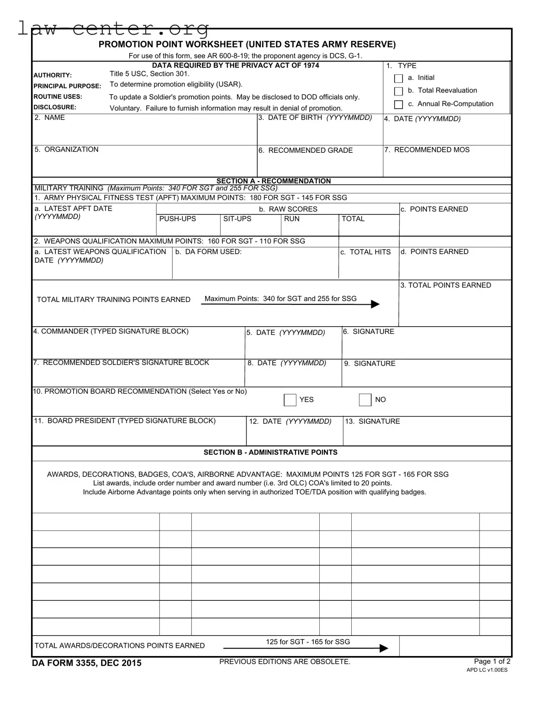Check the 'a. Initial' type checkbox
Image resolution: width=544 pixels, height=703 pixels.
pos(398,78)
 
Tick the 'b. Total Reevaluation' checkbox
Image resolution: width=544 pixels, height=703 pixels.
pos(398,91)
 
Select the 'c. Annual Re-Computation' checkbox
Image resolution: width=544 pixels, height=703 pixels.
pos(398,104)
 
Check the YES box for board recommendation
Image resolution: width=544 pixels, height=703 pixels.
pos(290,400)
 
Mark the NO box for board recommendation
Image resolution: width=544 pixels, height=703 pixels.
pos(365,400)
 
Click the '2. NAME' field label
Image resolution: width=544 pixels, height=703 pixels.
pos(50,118)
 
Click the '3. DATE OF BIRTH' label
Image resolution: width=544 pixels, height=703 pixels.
pos(315,118)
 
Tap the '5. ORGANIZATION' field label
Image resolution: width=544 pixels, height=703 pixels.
pos(67,150)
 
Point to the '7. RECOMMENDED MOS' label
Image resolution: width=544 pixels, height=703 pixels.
pos(427,150)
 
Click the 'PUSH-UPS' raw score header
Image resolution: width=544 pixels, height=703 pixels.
pos(177,219)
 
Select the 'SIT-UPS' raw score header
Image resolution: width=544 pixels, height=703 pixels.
pos(237,219)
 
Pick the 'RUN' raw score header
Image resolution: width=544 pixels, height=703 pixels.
pos(292,219)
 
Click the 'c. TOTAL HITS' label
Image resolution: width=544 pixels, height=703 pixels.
pos(365,252)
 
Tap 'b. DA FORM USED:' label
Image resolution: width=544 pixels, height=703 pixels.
pos(208,252)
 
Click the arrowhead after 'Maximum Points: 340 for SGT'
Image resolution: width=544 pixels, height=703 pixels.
pos(375,304)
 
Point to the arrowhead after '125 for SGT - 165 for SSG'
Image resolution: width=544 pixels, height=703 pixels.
pos(384,648)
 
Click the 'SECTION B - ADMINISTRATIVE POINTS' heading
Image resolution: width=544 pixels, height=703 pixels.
pos(270,453)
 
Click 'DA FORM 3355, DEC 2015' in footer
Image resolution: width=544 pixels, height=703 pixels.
pos(87,663)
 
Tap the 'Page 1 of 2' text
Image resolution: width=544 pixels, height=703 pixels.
pos(492,661)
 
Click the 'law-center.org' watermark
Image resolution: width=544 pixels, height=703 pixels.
pos(113,28)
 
